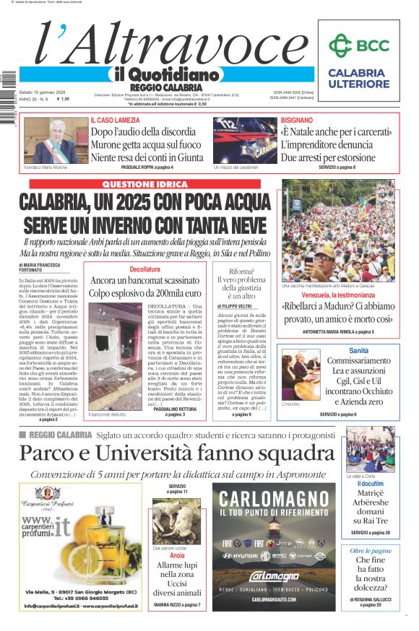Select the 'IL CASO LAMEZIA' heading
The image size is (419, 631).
[x=114, y=120]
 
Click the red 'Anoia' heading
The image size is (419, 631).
[x=177, y=557]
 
